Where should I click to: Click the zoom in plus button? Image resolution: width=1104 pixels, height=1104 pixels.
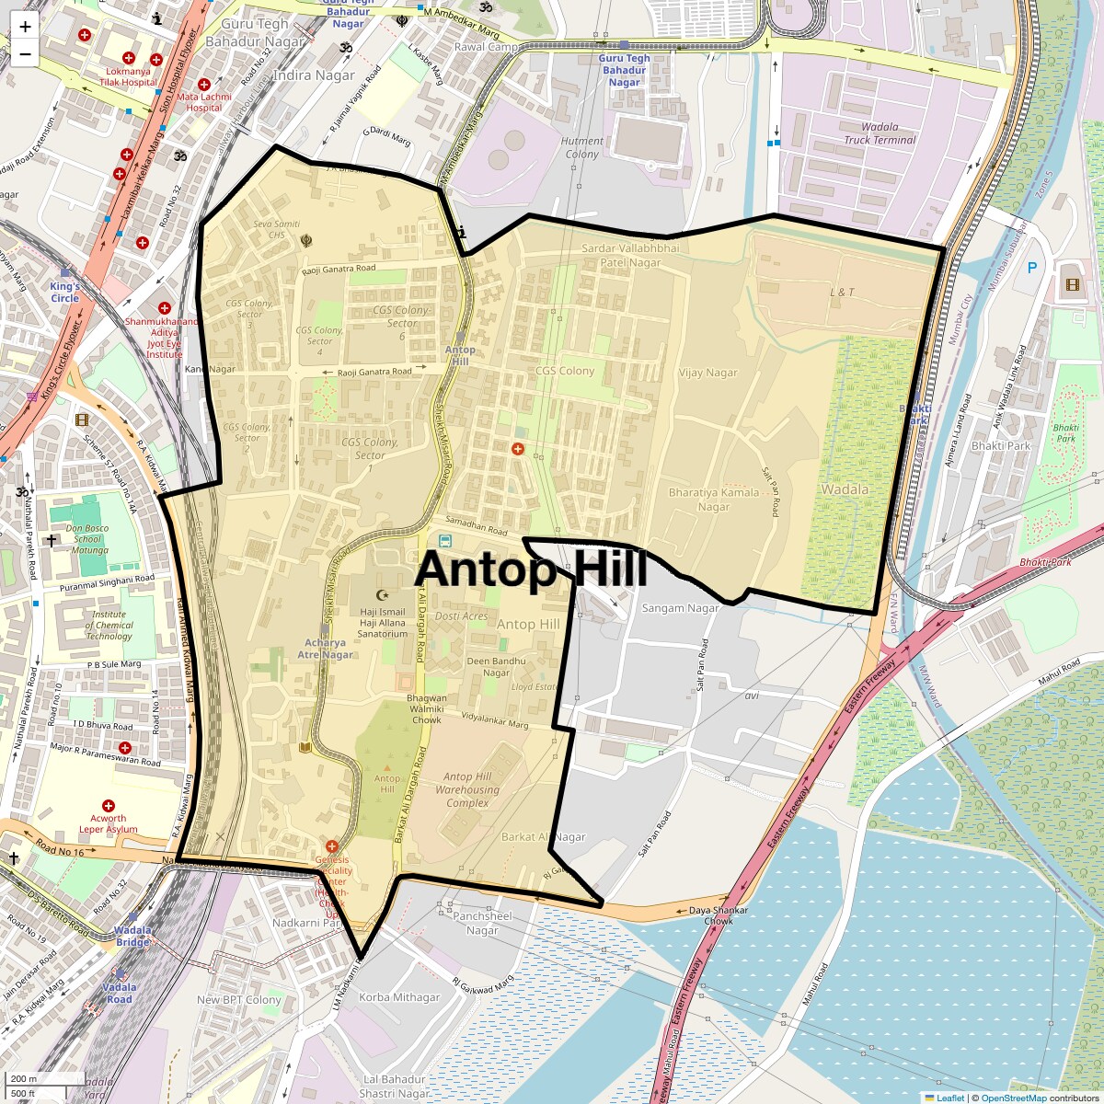point(25,27)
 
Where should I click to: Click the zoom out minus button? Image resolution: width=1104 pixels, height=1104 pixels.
point(25,53)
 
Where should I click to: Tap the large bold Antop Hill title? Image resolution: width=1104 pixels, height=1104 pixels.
point(531,570)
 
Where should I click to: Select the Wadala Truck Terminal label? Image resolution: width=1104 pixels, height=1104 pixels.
point(880,133)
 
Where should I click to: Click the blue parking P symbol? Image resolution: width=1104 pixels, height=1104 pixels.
point(1031,268)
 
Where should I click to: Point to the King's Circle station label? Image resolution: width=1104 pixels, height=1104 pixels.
point(64,292)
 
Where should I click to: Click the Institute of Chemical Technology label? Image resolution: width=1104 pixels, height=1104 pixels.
point(109,626)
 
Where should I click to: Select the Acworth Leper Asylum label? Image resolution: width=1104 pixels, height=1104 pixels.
point(109,823)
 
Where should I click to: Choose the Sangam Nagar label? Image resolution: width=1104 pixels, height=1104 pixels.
point(680,608)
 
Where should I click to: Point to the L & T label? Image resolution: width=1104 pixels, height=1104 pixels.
point(842,293)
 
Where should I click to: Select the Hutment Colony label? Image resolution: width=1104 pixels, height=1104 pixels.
point(581,147)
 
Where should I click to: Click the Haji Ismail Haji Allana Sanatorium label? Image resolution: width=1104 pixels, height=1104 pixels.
point(383,623)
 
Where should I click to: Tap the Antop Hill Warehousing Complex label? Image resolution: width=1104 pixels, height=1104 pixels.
point(467,789)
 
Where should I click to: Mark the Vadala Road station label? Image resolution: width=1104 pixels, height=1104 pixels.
point(120,993)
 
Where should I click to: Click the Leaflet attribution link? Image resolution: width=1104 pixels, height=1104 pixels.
point(949,1098)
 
